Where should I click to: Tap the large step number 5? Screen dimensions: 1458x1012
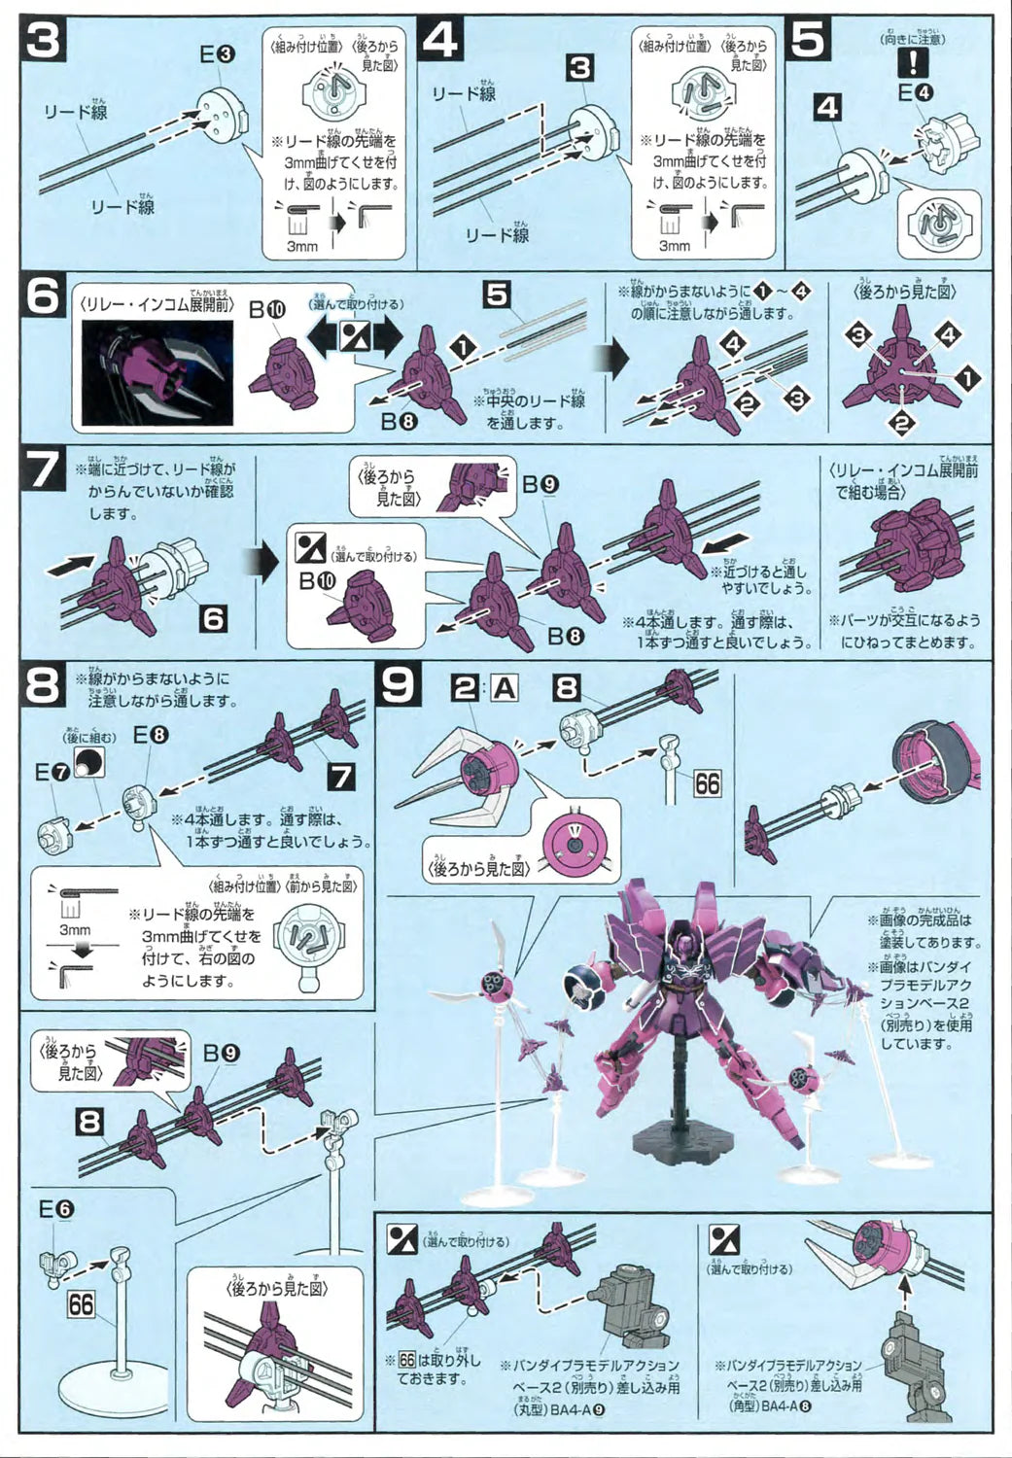pyautogui.click(x=810, y=40)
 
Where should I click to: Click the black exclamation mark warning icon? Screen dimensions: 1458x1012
pyautogui.click(x=915, y=64)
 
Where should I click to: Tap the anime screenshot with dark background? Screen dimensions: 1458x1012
pyautogui.click(x=156, y=373)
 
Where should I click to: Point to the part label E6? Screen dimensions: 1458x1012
pyautogui.click(x=55, y=1209)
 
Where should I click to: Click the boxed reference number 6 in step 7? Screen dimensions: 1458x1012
pyautogui.click(x=213, y=618)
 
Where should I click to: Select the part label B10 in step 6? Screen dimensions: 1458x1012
pyautogui.click(x=267, y=310)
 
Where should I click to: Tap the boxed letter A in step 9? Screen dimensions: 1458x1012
pyautogui.click(x=504, y=688)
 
